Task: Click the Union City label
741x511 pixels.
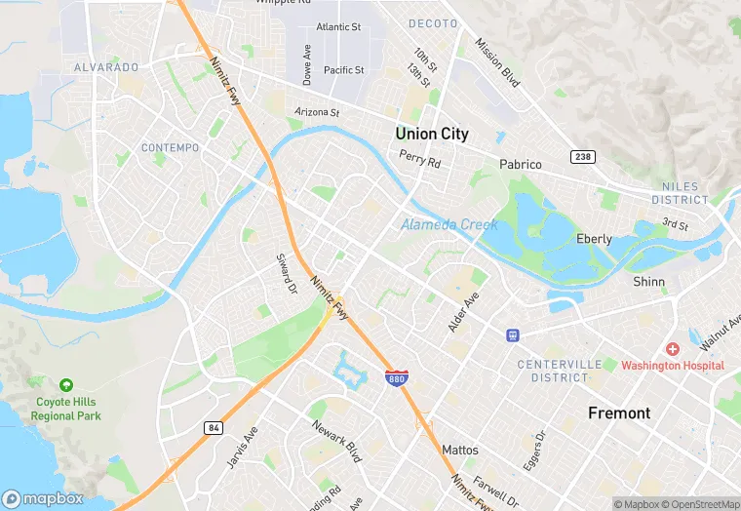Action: [x=431, y=134]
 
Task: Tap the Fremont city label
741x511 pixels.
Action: [x=618, y=413]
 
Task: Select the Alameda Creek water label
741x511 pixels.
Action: [x=449, y=225]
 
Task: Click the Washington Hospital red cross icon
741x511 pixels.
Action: [x=673, y=348]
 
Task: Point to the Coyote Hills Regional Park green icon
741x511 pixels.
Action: [x=66, y=385]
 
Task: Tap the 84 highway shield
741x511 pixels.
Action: [x=213, y=427]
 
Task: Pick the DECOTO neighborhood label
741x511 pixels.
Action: [x=433, y=22]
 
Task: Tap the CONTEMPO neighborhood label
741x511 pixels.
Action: [x=170, y=148]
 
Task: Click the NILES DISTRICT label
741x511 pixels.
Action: [x=680, y=193]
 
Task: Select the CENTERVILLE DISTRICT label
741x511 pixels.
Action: [x=566, y=371]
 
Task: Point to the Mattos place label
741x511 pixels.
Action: [x=460, y=451]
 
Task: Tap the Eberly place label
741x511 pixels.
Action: [x=594, y=239]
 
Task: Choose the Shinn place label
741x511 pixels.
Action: [x=648, y=282]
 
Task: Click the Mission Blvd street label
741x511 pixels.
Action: [x=497, y=62]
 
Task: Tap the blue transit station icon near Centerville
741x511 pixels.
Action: [x=513, y=335]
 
